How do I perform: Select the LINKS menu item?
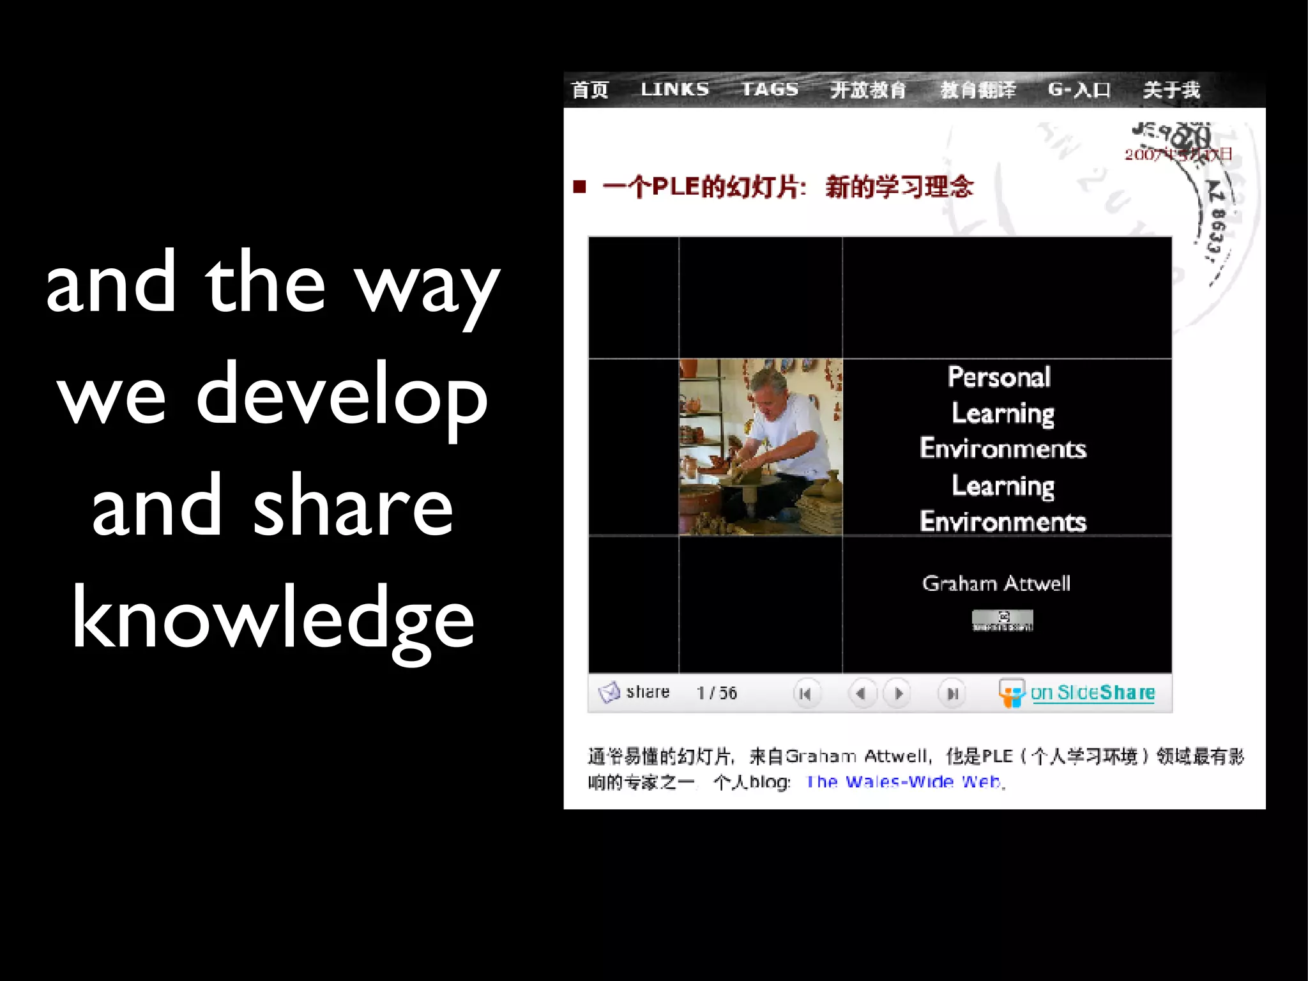tap(674, 89)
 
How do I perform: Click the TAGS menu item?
tap(770, 89)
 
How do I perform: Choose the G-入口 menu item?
tap(1079, 89)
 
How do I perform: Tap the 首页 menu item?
tap(589, 89)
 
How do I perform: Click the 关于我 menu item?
tap(1171, 89)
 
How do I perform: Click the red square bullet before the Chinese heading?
tap(580, 186)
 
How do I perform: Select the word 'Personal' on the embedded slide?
tap(999, 377)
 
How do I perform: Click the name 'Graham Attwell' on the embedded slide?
tap(996, 583)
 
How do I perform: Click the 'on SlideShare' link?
tap(1092, 693)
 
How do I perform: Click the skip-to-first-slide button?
tap(805, 694)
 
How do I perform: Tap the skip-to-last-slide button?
tap(952, 694)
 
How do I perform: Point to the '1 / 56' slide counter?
tap(717, 693)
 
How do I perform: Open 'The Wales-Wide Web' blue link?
tap(904, 782)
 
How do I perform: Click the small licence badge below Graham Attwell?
tap(1002, 620)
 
